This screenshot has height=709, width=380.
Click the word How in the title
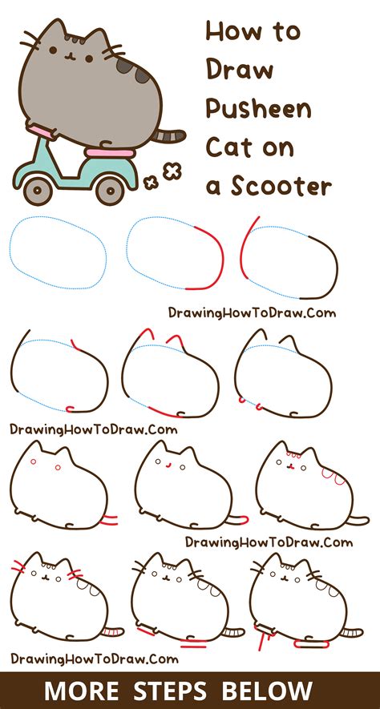coord(231,32)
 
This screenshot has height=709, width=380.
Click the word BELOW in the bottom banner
coord(270,691)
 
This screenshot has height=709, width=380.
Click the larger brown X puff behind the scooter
coord(171,171)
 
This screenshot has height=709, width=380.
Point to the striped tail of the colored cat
coord(170,137)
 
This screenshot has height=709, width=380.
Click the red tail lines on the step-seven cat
coord(108,523)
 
